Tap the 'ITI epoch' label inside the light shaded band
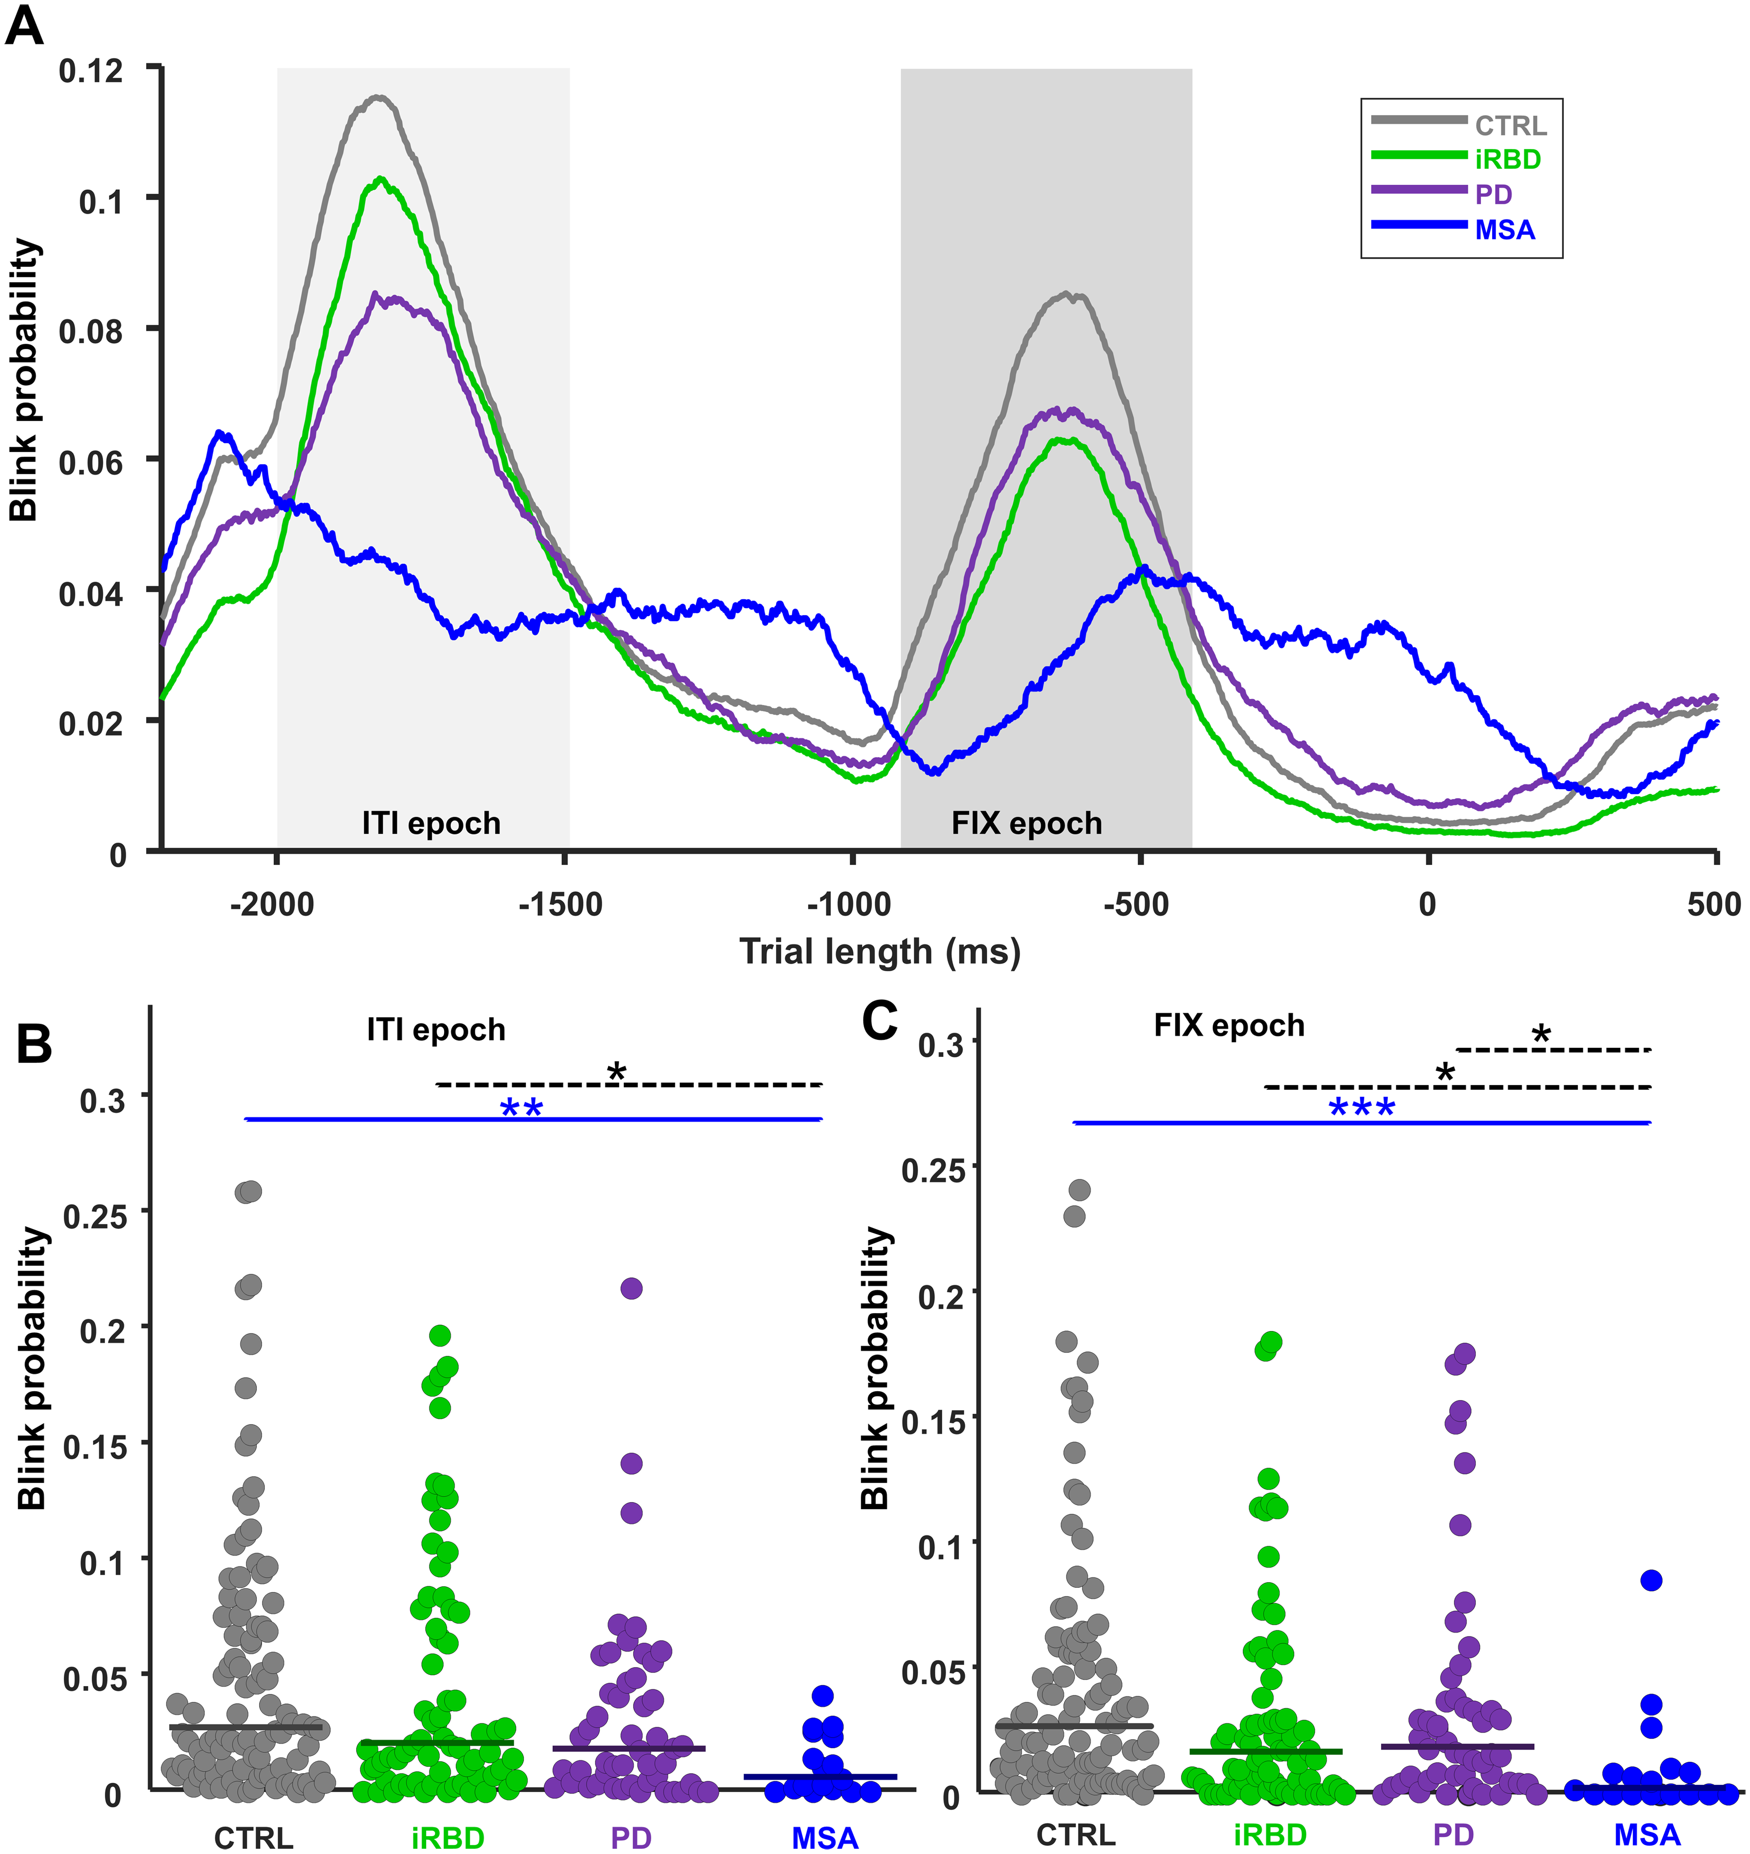coord(431,824)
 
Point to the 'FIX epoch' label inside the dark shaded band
coord(1026,824)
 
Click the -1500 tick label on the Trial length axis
coord(560,905)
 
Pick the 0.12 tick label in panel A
coord(90,71)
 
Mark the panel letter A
coord(24,26)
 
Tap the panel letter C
coord(880,1021)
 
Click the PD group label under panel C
coord(1453,1835)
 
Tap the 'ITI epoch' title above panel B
coord(436,1029)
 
